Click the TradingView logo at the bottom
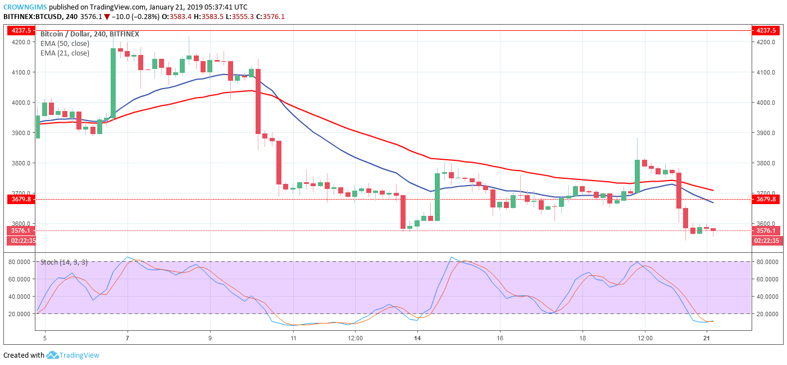[x=72, y=355]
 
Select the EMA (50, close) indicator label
[x=65, y=44]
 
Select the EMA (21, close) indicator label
[x=65, y=53]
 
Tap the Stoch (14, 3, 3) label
[x=63, y=262]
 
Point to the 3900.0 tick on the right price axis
[x=765, y=133]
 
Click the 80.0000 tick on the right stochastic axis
[x=767, y=262]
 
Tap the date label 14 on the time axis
[x=417, y=339]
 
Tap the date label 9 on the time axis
[x=210, y=339]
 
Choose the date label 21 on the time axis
[x=707, y=339]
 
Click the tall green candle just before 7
[x=113, y=83]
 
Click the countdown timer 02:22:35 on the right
[x=766, y=241]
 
